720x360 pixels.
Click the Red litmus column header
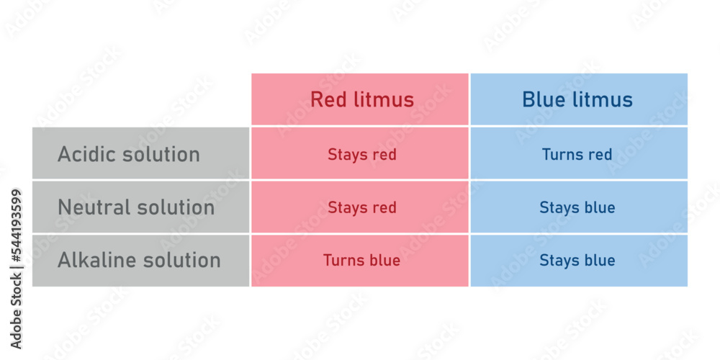[360, 99]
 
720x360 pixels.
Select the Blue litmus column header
[579, 99]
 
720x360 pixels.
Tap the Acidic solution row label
[140, 153]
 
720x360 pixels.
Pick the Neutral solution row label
[140, 207]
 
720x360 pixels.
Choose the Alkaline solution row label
[140, 261]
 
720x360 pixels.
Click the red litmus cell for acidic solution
[360, 153]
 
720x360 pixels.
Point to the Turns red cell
[579, 153]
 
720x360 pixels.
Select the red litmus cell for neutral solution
[360, 207]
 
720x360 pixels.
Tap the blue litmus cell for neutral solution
[579, 207]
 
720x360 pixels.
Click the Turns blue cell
[360, 261]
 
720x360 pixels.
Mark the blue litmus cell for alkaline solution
[579, 261]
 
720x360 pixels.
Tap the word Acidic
[86, 154]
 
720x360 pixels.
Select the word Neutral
[94, 207]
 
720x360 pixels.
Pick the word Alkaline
[97, 260]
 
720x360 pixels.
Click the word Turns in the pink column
[341, 261]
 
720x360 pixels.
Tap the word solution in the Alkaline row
[182, 260]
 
